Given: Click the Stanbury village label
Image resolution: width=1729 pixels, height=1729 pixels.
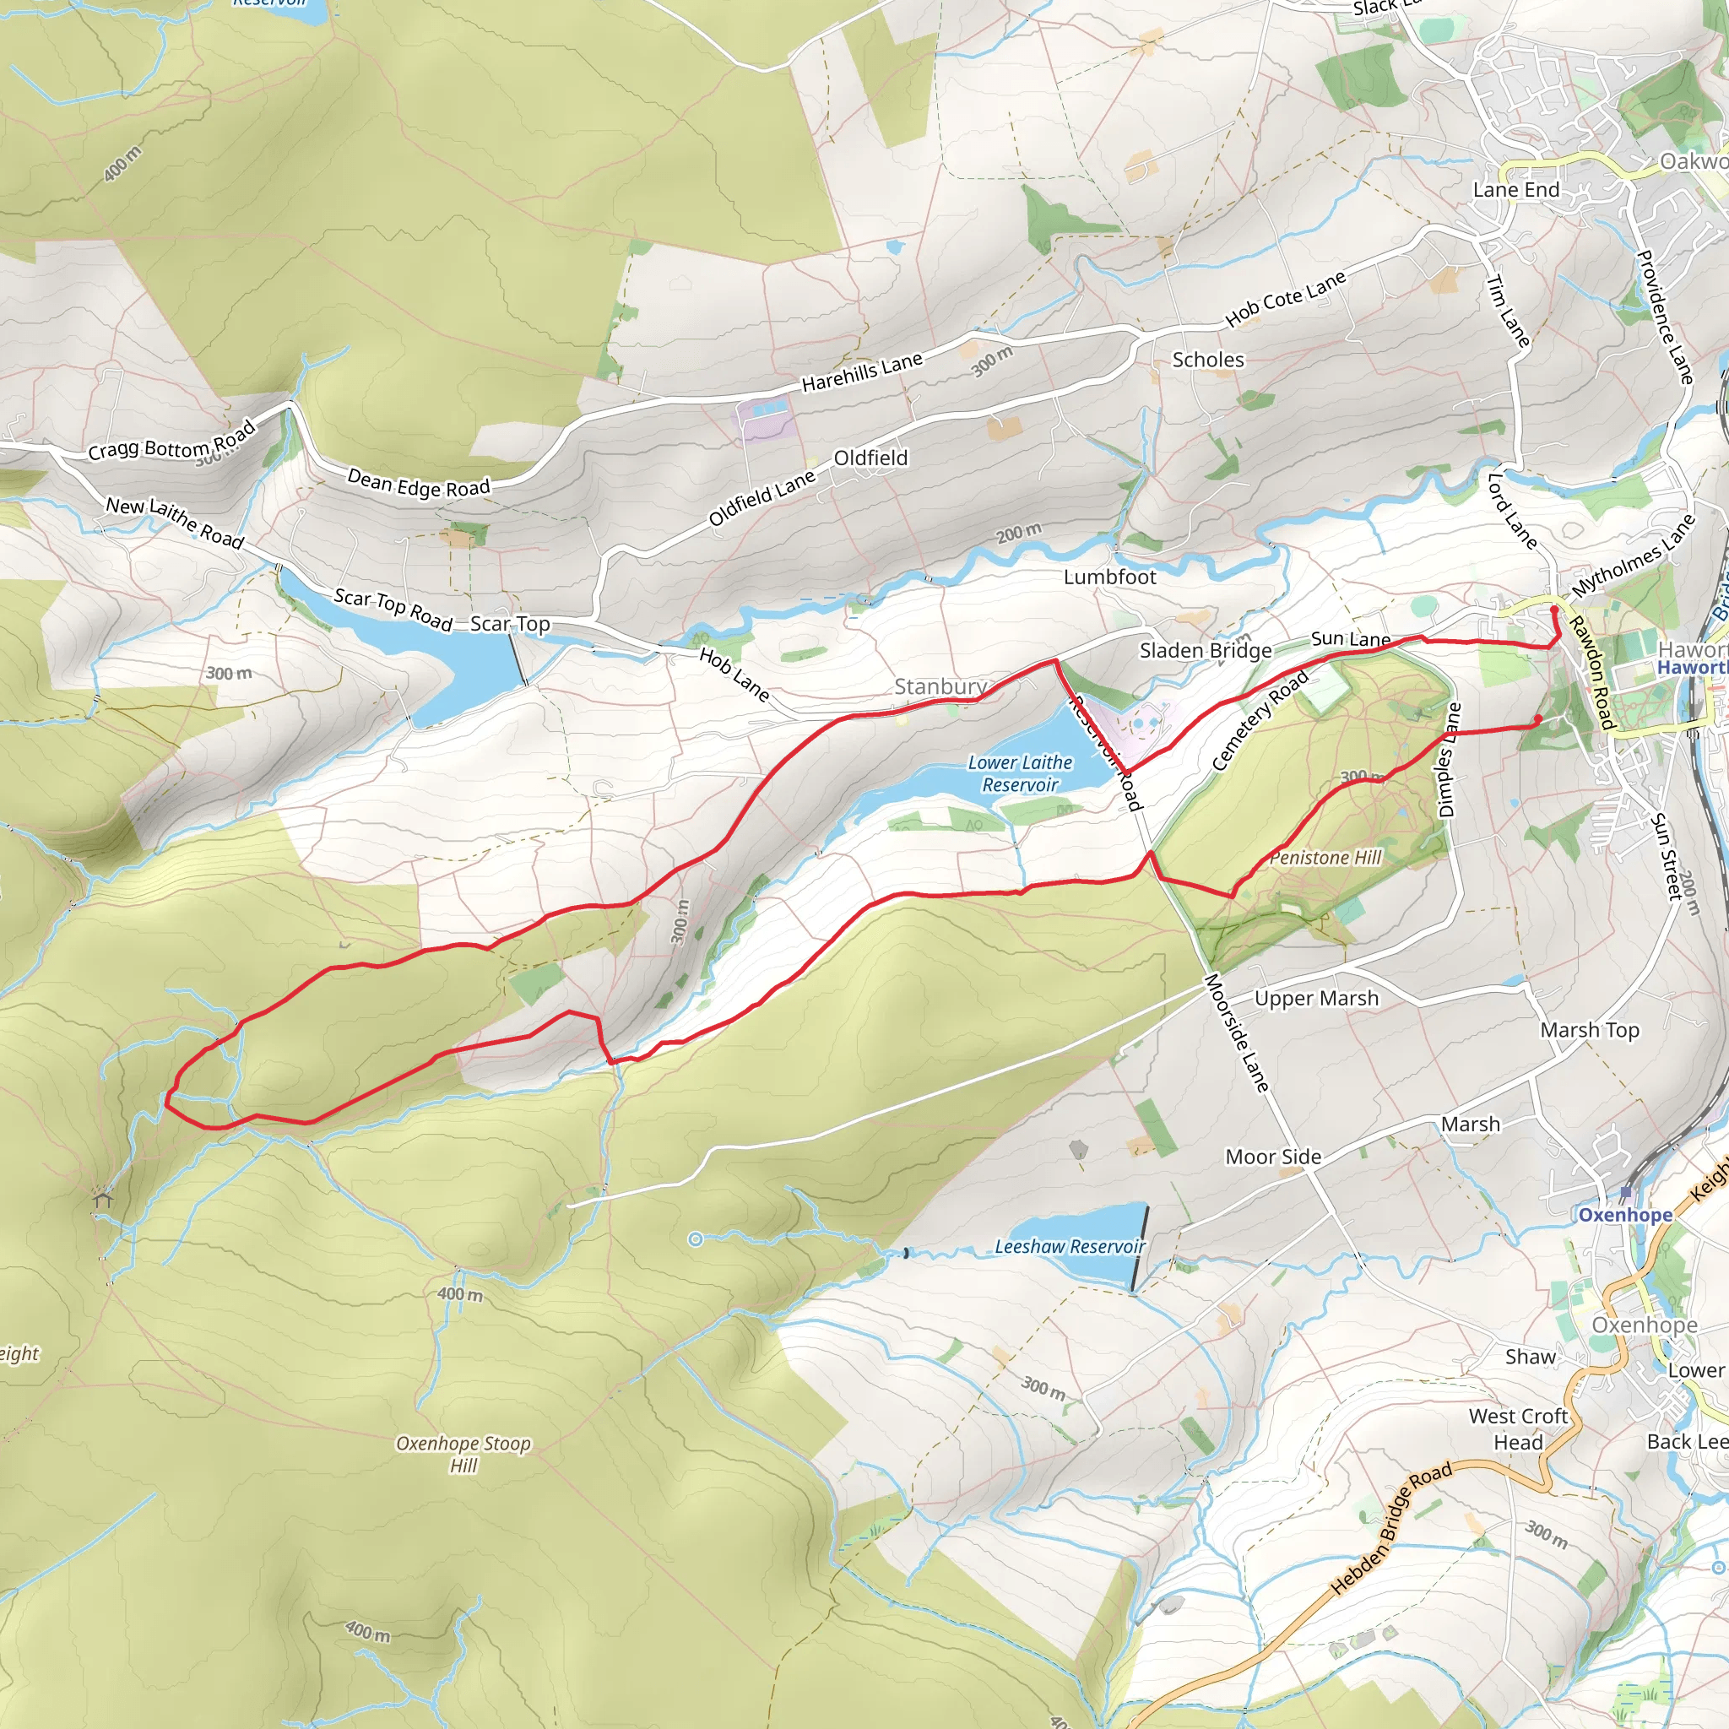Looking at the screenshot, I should point(940,686).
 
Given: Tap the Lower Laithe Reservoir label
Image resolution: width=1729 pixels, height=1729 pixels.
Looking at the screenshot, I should point(1019,773).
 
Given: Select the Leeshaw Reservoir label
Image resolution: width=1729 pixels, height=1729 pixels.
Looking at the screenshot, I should point(1070,1247).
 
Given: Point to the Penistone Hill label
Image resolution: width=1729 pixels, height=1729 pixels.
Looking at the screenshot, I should point(1325,858).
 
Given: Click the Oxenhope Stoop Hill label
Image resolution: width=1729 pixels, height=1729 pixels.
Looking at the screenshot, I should point(463,1454).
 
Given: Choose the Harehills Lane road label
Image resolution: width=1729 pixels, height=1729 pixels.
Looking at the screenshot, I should point(861,372).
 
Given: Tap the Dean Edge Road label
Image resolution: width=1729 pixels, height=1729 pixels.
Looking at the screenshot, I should point(418,483).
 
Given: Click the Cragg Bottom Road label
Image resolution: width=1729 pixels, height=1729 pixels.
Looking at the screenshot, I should point(172,441).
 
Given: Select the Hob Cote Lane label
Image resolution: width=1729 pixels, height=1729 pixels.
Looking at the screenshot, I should point(1285,299).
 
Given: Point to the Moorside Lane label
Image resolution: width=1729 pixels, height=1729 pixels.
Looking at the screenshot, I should point(1237,1033).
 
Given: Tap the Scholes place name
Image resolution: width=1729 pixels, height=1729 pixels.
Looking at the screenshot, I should point(1207,360).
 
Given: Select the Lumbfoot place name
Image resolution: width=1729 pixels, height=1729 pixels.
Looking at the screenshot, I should point(1108,577).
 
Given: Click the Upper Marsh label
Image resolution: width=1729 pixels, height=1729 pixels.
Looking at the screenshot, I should point(1315,999).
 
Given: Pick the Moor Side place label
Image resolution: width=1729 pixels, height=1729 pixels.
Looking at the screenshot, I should point(1272,1157).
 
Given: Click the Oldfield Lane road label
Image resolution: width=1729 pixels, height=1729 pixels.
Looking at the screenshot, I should point(762,497).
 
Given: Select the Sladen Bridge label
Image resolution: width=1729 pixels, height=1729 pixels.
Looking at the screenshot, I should point(1205,651).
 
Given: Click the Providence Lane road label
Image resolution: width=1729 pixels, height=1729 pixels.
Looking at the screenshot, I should point(1665,317).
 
